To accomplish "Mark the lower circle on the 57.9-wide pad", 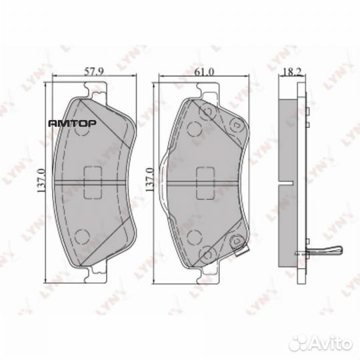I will click(82, 235).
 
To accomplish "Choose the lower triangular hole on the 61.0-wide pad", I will click(234, 245).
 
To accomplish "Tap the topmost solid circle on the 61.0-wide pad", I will click(207, 111).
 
